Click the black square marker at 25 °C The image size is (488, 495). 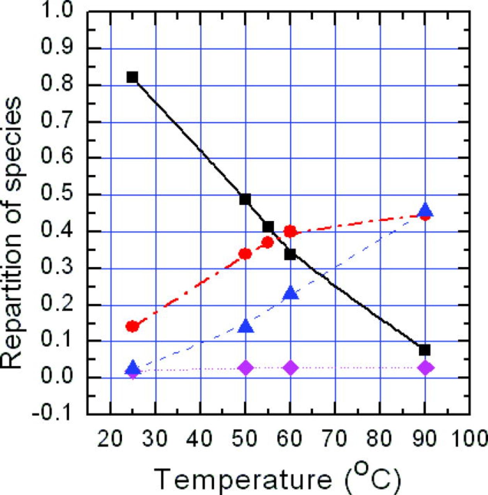click(x=132, y=77)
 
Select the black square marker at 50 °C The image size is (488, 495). click(x=245, y=200)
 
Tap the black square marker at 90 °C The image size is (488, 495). click(x=425, y=350)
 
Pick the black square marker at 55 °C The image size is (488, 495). click(x=268, y=227)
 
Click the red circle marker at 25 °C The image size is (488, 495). click(x=132, y=326)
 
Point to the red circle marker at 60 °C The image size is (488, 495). click(x=290, y=232)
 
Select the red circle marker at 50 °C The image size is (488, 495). click(x=245, y=254)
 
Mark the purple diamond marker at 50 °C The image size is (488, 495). click(x=245, y=368)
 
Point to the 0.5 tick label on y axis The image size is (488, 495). click(x=56, y=195)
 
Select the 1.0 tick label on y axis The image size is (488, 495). click(x=56, y=11)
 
